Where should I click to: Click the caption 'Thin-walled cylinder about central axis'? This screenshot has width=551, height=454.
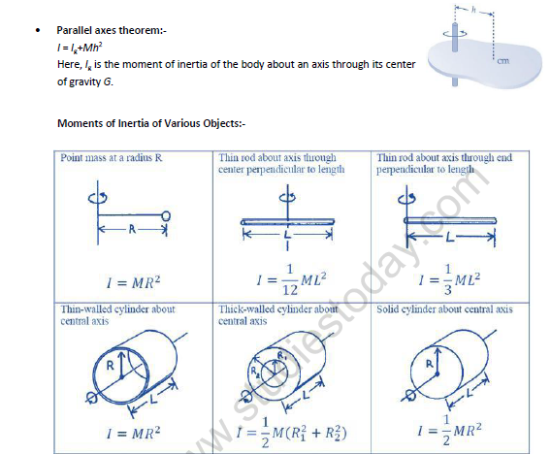coord(104,314)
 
